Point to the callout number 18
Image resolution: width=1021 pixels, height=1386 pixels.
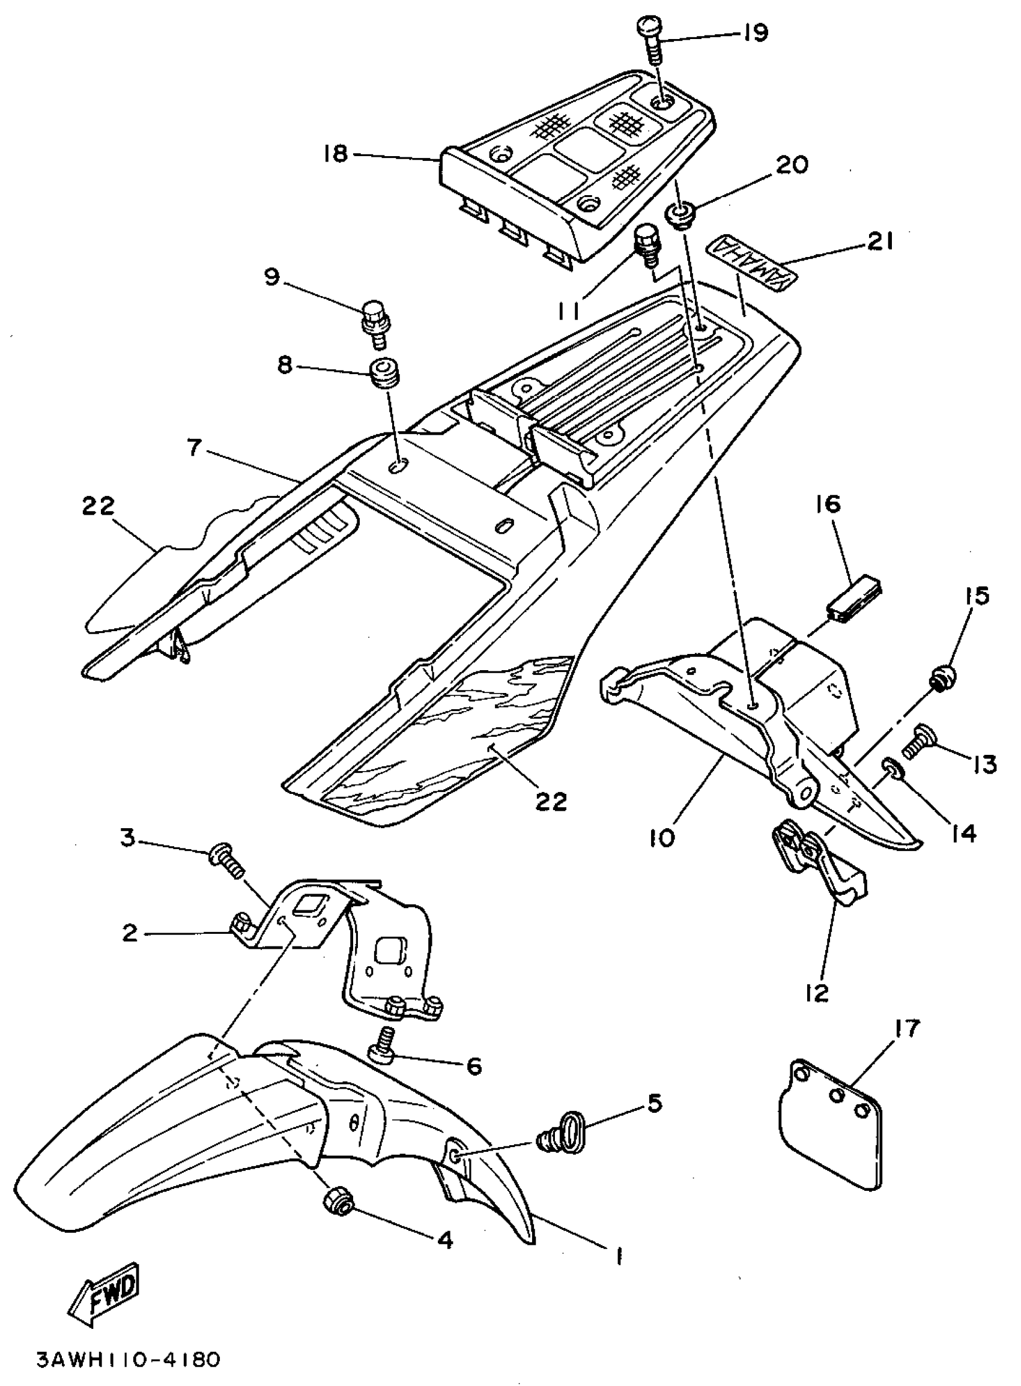336,154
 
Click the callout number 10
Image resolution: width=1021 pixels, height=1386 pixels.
662,838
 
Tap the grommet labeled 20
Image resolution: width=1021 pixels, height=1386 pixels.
680,217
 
